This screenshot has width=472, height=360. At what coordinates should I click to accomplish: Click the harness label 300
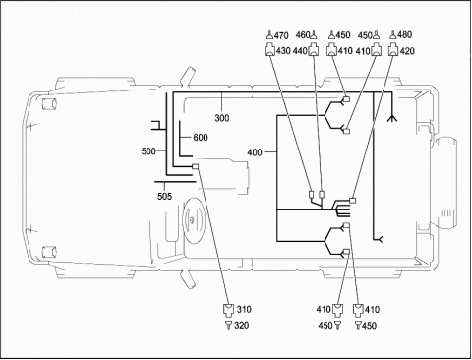222,118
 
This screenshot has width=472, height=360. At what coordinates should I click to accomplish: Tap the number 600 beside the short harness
201,137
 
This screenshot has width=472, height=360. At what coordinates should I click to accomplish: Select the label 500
148,151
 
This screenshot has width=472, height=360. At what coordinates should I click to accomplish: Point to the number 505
164,196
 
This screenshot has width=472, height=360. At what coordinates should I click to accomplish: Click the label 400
255,152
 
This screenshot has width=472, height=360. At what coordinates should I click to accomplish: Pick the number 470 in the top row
281,35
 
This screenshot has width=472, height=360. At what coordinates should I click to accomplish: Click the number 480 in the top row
405,34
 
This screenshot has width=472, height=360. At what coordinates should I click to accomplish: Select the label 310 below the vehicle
244,309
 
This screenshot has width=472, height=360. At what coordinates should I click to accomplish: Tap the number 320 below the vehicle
242,326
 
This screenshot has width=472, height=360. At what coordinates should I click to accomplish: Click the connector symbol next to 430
269,50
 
